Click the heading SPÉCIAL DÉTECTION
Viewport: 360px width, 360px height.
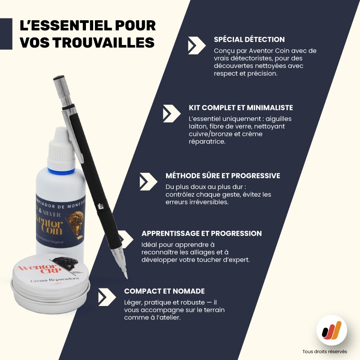tap(249, 40)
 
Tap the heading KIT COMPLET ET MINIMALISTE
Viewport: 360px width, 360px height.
tap(241, 108)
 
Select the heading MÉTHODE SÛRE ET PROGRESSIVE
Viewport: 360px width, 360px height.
tap(223, 175)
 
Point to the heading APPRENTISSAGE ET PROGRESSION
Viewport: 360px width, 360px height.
tap(201, 234)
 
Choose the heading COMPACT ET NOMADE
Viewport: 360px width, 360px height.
tap(164, 291)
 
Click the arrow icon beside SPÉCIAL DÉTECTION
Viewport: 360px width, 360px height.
tap(197, 45)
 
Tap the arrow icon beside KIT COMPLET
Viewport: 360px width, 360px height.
tap(171, 113)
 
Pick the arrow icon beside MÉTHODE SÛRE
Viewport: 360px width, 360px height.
tap(148, 181)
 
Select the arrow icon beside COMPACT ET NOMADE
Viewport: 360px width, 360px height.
tap(107, 297)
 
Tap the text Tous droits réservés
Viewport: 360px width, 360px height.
tap(325, 351)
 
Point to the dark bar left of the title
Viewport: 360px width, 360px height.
tap(6, 34)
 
